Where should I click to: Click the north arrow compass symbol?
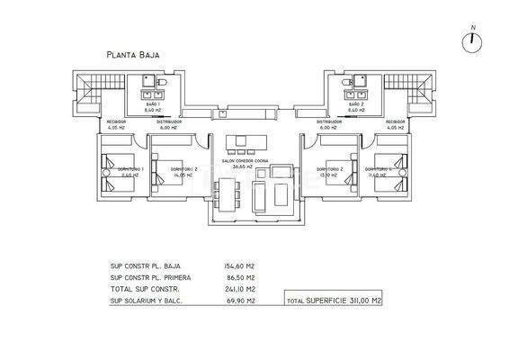pos(473,40)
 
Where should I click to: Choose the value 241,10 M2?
pos(239,291)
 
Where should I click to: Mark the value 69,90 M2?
pos(240,303)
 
